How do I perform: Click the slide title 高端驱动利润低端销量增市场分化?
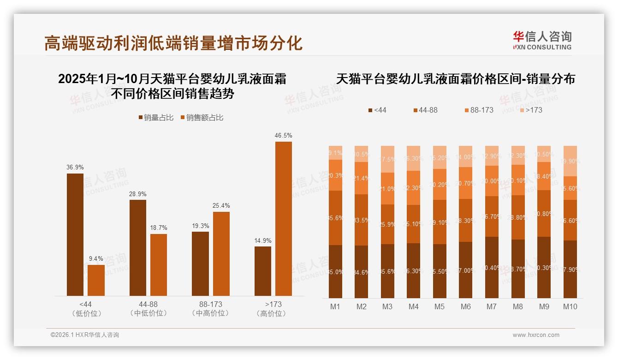pos(173,43)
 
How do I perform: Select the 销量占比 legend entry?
pos(156,118)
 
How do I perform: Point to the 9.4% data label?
pos(96,258)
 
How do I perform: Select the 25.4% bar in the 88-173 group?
pos(221,253)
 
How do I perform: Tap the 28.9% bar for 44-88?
pos(138,247)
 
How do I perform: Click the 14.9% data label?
pos(263,240)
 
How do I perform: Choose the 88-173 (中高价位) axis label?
pos(210,309)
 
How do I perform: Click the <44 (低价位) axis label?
pos(86,309)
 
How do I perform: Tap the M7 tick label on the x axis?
pos(492,306)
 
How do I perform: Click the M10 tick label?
pos(570,306)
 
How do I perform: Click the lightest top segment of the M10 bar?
pos(570,161)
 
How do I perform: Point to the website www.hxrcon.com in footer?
pos(536,335)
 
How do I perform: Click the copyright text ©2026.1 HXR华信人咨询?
pos(84,335)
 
